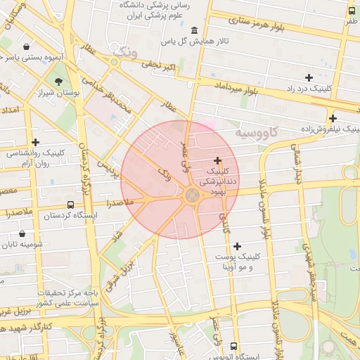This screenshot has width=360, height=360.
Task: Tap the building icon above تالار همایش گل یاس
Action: point(194,30)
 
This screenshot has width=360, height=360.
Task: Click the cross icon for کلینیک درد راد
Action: point(308,77)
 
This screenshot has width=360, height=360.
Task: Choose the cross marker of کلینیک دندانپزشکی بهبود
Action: point(218,161)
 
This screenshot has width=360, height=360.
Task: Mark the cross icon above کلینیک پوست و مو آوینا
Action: point(237,246)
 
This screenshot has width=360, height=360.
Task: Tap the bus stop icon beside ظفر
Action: point(352,11)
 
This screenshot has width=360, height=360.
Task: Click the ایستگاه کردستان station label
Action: point(70,216)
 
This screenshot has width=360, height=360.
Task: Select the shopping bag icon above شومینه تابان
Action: point(23,233)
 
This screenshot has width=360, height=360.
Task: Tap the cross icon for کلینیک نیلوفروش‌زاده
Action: point(333,118)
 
